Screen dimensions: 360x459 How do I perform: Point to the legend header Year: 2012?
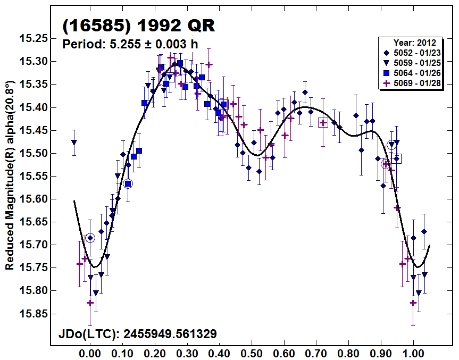click(414, 43)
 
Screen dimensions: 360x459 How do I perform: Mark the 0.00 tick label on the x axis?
click(90, 353)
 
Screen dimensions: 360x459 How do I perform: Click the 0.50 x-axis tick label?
click(252, 353)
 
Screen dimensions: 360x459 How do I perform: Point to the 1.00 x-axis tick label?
click(414, 353)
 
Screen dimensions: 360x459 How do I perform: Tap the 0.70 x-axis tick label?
click(317, 353)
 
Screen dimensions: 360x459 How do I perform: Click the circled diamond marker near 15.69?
click(90, 238)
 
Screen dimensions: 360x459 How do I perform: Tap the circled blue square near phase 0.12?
click(128, 183)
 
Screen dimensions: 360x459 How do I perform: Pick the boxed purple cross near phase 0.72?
click(323, 123)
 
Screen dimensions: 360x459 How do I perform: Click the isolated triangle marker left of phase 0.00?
click(74, 143)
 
